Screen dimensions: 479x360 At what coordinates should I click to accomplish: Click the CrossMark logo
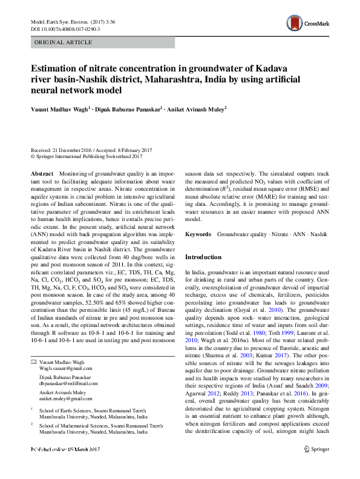308,24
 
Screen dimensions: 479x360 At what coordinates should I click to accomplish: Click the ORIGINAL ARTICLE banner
64,42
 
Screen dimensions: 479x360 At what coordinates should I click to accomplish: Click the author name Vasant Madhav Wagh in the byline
59,109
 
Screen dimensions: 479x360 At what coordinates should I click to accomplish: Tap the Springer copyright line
91,156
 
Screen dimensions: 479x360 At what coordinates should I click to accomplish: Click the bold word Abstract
42,174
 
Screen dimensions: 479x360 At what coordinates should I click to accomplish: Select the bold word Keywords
198,234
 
